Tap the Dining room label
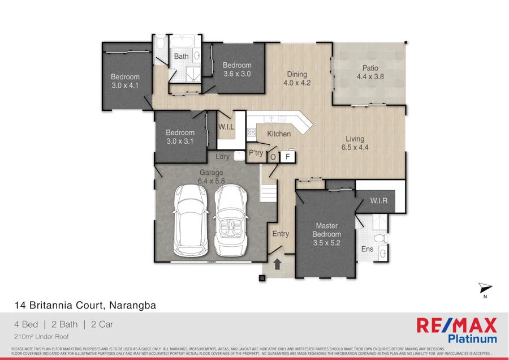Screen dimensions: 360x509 297,74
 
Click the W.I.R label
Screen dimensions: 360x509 378,201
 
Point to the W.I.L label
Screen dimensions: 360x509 226,127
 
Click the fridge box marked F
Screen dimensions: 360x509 287,156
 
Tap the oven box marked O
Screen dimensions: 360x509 273,157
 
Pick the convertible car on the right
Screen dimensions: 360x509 231,219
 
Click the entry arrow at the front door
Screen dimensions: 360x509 278,264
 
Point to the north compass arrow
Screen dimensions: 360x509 484,288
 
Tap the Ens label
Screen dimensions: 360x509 367,249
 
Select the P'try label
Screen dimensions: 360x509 255,153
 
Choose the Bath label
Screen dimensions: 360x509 182,56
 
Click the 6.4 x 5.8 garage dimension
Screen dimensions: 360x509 210,181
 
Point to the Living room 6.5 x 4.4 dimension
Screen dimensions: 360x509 355,147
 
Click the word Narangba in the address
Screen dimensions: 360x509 132,305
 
